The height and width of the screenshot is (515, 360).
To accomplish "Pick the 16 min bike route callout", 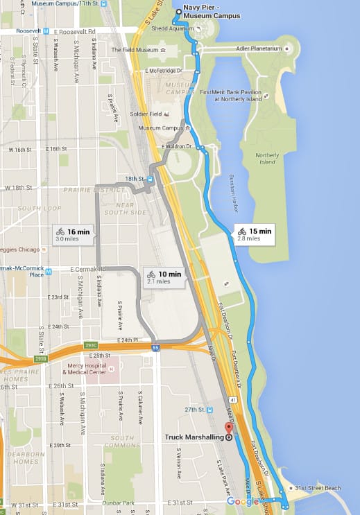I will pyautogui.click(x=73, y=234).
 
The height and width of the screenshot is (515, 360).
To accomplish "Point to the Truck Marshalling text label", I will pyautogui.click(x=194, y=437).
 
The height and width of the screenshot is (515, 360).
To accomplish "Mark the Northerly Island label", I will pyautogui.click(x=266, y=158).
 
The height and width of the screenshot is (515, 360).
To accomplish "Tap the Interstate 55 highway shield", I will pyautogui.click(x=156, y=348).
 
